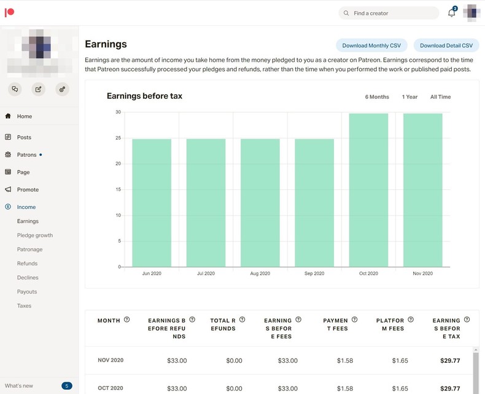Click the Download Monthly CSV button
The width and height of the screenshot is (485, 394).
click(371, 45)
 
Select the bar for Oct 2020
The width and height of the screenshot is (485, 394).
click(368, 190)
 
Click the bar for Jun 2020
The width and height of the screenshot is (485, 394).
click(152, 202)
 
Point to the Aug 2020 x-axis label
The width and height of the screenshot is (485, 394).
click(260, 273)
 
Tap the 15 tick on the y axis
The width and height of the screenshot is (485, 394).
click(117, 189)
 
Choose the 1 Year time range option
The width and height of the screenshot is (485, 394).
click(409, 97)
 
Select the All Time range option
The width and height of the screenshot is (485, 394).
click(440, 97)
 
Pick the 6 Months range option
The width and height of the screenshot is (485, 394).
click(377, 97)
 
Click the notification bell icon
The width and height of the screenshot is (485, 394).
click(452, 13)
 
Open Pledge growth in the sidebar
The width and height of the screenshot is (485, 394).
click(35, 235)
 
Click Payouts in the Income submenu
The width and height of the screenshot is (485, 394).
click(27, 292)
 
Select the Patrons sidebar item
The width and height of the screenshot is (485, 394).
click(26, 155)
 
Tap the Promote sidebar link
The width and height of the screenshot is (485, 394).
click(28, 190)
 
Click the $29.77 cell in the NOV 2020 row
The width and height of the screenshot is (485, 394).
click(450, 361)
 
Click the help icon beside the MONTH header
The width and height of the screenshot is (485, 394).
click(127, 320)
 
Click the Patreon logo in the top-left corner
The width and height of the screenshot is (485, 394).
click(9, 13)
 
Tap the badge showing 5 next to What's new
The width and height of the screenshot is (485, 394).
click(67, 386)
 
